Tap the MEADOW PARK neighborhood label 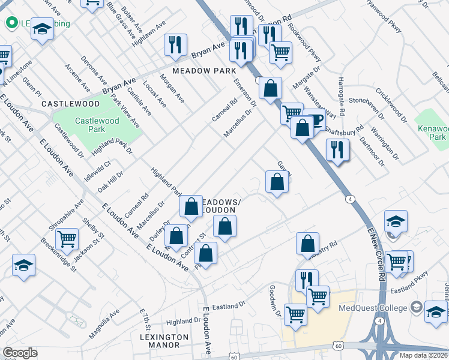pos(204,70)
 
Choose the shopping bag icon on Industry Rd pos(307,243)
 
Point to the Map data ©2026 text pos(424,355)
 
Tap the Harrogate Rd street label pos(341,95)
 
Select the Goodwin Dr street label pos(275,300)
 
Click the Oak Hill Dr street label pos(110,181)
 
